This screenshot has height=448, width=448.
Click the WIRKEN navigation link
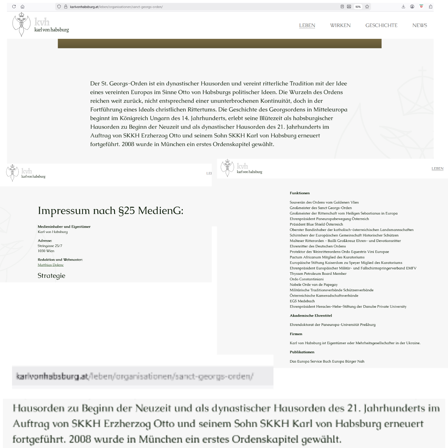(x=340, y=25)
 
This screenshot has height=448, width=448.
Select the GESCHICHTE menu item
(x=381, y=25)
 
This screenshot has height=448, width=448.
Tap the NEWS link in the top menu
(x=420, y=25)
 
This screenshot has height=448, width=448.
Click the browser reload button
(x=14, y=7)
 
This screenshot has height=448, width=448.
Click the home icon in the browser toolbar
(x=22, y=7)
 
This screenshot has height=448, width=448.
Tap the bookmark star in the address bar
(x=367, y=7)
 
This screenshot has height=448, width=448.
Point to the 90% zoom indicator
(x=358, y=7)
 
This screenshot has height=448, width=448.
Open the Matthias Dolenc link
(x=50, y=265)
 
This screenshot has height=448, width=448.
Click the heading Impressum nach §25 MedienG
(x=111, y=211)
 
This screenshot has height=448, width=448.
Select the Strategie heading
(x=51, y=276)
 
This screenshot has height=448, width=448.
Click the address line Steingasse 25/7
(x=50, y=246)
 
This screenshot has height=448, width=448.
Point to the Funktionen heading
(x=300, y=193)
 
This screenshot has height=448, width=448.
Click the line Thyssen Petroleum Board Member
(x=318, y=274)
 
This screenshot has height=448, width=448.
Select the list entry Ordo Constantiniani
(x=306, y=279)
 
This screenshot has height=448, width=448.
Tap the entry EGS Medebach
(x=302, y=301)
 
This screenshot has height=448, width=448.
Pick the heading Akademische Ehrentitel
(x=311, y=316)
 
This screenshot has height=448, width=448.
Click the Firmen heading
(x=296, y=334)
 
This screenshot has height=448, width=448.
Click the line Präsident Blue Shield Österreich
(x=316, y=224)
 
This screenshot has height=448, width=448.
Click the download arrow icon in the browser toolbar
(x=403, y=7)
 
